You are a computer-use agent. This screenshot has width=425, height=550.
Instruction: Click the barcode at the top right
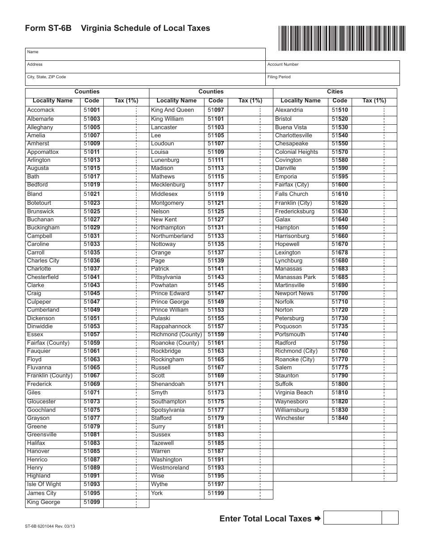pos(342,38)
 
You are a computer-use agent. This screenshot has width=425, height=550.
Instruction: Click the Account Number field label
pos(283,64)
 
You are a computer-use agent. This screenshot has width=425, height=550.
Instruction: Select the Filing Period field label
pos(279,77)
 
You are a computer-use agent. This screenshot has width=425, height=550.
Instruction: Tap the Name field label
pos(33,52)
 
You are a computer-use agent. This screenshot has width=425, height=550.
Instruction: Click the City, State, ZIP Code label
pos(47,77)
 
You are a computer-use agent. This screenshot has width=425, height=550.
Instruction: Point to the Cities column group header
pos(335,92)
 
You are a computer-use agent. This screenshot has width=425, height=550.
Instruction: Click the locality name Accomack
pos(41,110)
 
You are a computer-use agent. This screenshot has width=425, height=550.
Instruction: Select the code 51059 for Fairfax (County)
pos(92,343)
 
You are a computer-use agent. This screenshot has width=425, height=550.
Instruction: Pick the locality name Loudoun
pos(162,144)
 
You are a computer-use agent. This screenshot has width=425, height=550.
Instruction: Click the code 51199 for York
pos(216,493)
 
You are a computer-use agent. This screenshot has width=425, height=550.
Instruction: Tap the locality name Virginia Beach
pos(294,393)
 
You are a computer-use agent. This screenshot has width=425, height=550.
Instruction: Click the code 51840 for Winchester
pos(340,418)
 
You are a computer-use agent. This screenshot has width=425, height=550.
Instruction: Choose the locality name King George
pos(43,502)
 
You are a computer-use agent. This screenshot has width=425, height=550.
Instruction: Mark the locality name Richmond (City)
pos(296,351)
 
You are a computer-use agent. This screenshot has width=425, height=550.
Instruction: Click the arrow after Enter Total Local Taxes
pos(317,519)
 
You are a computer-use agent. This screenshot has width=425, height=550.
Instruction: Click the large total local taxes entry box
pos(352,518)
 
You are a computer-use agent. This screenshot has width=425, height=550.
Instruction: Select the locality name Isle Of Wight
pos(44,484)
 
